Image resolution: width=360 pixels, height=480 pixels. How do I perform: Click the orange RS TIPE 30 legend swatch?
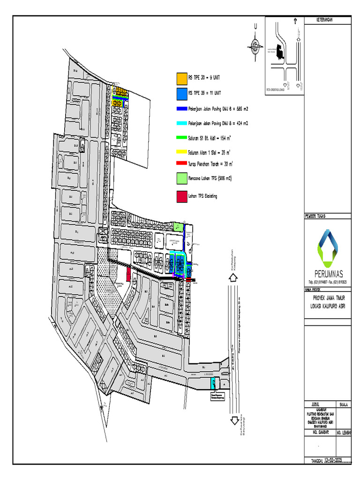point(181,77)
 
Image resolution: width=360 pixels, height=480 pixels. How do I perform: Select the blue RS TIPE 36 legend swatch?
point(181,94)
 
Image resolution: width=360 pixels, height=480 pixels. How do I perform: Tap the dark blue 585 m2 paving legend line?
point(181,109)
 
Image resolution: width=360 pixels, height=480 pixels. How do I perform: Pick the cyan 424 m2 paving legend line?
point(181,124)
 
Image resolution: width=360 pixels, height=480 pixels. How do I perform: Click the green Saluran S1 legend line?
point(181,138)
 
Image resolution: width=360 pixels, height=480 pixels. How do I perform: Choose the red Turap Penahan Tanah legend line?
point(181,164)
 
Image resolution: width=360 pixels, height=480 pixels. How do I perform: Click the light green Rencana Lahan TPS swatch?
point(182,179)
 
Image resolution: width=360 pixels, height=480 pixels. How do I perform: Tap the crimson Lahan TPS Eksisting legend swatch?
point(182,196)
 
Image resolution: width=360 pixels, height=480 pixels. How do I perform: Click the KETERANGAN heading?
point(318,19)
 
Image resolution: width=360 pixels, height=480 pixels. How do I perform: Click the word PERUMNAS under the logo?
point(327,274)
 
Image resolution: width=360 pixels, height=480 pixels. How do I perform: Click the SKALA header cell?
point(343,404)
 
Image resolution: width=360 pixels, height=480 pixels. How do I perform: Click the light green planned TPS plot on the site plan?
point(178,227)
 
